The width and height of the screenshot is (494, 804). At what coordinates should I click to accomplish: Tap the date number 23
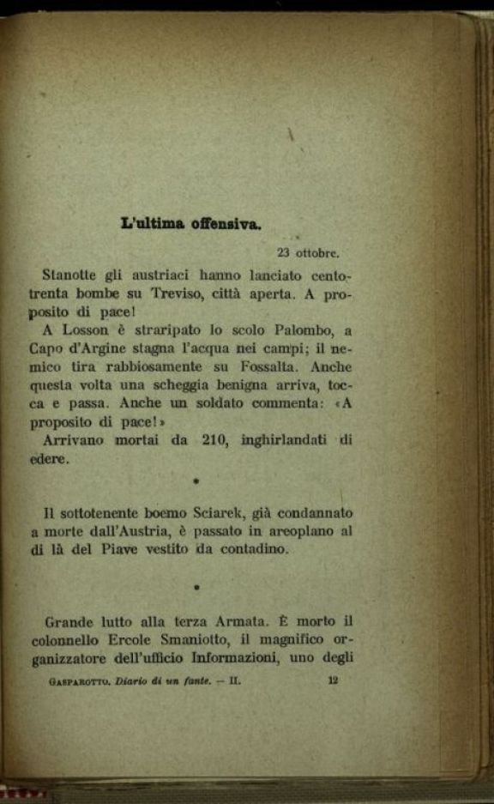pyautogui.click(x=283, y=253)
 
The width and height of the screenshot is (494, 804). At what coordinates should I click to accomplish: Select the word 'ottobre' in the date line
pyautogui.click(x=317, y=253)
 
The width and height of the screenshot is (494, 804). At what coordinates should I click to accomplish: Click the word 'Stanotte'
pyautogui.click(x=71, y=275)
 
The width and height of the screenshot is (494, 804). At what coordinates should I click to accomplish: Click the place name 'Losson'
pyautogui.click(x=86, y=330)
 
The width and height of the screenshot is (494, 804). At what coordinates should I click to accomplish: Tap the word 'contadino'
pyautogui.click(x=246, y=549)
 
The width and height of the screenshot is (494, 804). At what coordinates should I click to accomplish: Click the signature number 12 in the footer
pyautogui.click(x=334, y=682)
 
